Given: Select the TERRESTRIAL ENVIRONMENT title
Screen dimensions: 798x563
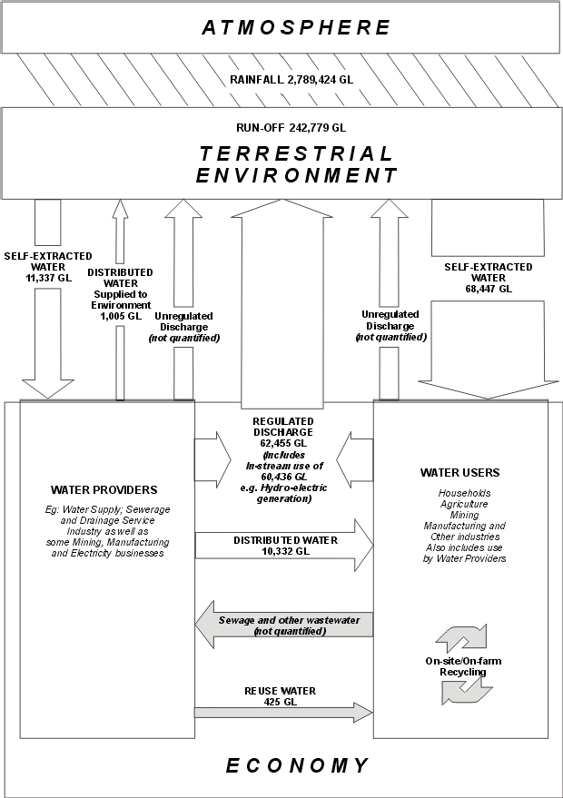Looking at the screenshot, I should [x=296, y=164].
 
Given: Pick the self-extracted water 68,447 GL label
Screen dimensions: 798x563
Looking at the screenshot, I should [x=489, y=278].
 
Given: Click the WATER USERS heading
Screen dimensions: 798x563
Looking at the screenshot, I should [x=459, y=472].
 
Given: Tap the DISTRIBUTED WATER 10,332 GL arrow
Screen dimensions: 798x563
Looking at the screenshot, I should [x=283, y=546].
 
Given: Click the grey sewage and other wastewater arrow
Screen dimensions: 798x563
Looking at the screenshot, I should [x=283, y=626].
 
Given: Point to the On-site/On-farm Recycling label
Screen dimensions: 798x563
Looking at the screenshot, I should [x=463, y=666].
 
